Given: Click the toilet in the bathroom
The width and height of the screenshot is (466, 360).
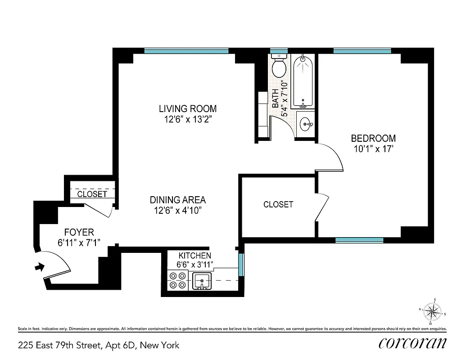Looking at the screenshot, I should [x=279, y=67].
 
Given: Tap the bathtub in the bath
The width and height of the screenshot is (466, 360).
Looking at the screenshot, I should [x=303, y=81].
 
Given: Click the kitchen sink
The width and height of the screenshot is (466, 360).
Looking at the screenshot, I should [x=202, y=281].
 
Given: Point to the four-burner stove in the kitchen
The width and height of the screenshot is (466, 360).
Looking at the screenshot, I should [x=177, y=280].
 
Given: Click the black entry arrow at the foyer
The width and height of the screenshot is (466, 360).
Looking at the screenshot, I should [x=40, y=267].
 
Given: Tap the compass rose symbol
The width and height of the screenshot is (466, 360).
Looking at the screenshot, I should [x=433, y=311].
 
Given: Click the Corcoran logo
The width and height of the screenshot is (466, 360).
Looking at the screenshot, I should [x=412, y=343].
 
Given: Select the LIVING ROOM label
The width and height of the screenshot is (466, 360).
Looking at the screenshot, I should [x=187, y=109].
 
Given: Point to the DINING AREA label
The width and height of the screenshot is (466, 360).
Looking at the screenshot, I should [x=177, y=200].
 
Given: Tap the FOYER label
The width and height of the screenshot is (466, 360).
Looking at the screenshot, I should [x=79, y=233].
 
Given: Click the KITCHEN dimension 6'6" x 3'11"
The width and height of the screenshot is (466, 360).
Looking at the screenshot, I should [x=195, y=264].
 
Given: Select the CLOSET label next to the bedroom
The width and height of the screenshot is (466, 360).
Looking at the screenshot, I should [x=278, y=204].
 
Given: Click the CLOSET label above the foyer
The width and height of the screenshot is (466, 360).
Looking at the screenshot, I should [x=92, y=194].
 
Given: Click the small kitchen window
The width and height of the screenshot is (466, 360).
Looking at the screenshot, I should [x=241, y=265].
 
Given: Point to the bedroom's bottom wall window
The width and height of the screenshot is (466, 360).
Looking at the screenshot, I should [x=359, y=240].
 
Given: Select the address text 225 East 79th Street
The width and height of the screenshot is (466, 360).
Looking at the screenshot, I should [x=99, y=346].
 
